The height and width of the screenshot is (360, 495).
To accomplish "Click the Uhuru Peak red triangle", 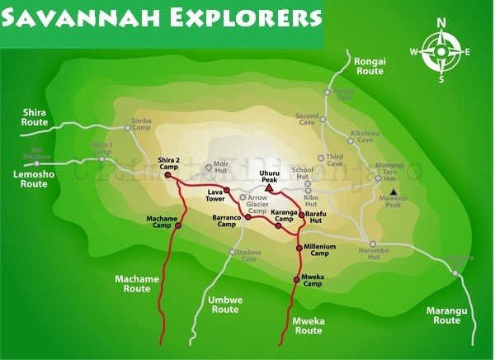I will coord(269,187).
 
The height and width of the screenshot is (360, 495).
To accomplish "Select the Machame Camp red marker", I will coord(177,225).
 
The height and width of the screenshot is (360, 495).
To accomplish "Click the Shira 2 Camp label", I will coord(168,163).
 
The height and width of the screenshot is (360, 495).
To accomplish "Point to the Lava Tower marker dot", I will coord(226,190).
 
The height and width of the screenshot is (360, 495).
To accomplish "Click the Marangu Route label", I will coord(446,315).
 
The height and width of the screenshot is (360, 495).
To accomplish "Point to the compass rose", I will coord(441,52).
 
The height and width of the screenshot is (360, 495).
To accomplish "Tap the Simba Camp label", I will coord(141,125).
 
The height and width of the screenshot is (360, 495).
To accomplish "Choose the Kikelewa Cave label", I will coord(361,136).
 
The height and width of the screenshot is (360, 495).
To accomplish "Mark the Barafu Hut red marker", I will coord(301,215).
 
